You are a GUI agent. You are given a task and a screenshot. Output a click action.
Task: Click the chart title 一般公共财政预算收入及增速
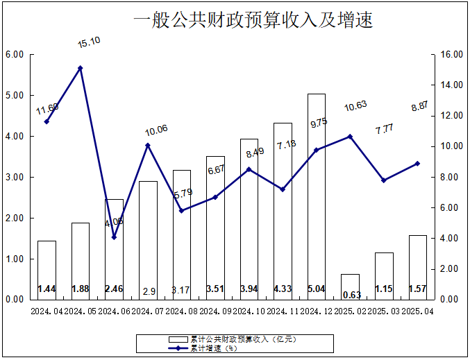pyautogui.click(x=253, y=21)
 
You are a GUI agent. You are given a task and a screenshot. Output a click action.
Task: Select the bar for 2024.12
pyautogui.click(x=317, y=196)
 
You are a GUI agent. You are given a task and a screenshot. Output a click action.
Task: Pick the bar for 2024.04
pyautogui.click(x=47, y=270)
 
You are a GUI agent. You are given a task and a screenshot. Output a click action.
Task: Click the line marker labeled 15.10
pyautogui.click(x=81, y=68)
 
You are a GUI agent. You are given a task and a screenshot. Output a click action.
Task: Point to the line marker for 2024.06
pyautogui.click(x=114, y=237)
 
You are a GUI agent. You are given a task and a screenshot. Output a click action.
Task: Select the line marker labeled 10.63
pyautogui.click(x=350, y=137)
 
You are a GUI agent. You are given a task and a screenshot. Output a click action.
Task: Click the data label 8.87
pyautogui.click(x=422, y=106)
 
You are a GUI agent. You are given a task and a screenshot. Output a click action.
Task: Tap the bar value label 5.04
pyautogui.click(x=317, y=289)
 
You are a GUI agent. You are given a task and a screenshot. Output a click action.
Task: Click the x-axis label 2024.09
pyautogui.click(x=216, y=312)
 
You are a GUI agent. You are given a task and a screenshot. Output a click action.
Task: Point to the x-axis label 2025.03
pyautogui.click(x=384, y=312)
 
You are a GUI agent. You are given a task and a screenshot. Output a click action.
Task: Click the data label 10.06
pyautogui.click(x=156, y=130)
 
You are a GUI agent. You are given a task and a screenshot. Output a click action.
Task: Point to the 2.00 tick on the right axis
pyautogui.click(x=451, y=269)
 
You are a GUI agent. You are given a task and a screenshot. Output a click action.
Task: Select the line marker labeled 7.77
pyautogui.click(x=384, y=180)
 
